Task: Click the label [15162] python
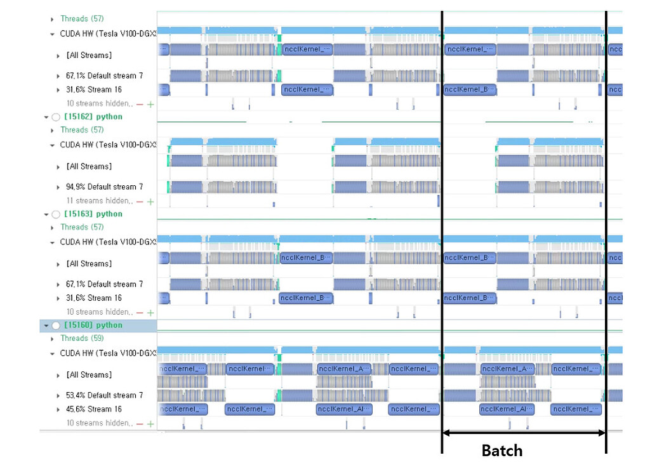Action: click(x=93, y=117)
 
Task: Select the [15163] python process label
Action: click(x=93, y=214)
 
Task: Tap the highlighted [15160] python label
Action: click(x=93, y=325)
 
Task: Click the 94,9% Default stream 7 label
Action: click(x=105, y=187)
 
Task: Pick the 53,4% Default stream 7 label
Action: click(x=105, y=395)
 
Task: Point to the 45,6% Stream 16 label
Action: click(x=94, y=409)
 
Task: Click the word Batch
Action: click(x=502, y=451)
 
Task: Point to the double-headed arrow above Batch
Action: click(x=524, y=433)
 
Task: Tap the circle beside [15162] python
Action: click(x=56, y=117)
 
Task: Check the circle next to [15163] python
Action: click(x=56, y=214)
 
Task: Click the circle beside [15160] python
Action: click(x=56, y=326)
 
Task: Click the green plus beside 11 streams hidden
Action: click(x=150, y=201)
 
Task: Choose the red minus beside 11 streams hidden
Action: click(x=140, y=201)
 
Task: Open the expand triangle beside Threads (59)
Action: click(x=52, y=339)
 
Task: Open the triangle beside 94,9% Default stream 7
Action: click(x=58, y=187)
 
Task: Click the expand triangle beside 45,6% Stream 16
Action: click(x=58, y=409)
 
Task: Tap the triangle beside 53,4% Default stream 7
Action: click(x=58, y=395)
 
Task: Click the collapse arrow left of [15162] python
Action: click(x=46, y=117)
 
